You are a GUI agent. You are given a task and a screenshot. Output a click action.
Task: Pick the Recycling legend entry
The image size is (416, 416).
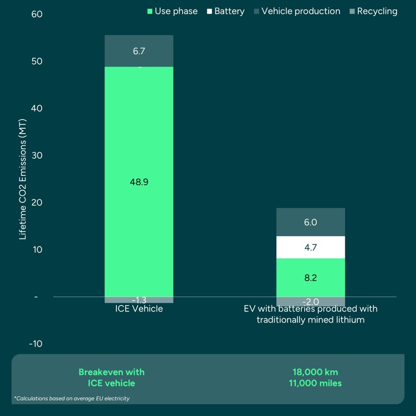(x=372, y=11)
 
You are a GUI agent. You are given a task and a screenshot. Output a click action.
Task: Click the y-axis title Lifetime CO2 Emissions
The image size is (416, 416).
(x=22, y=179)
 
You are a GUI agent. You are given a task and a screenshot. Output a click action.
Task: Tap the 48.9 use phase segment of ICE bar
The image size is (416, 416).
(x=139, y=181)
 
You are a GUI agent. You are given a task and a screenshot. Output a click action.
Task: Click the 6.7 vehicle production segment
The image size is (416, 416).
(x=139, y=51)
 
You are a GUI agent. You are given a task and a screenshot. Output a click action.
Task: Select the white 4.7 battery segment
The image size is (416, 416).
(x=310, y=248)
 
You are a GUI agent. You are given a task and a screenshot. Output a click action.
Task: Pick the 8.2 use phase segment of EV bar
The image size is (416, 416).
(x=310, y=278)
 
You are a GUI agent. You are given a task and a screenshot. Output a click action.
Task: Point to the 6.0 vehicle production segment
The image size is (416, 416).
(x=310, y=222)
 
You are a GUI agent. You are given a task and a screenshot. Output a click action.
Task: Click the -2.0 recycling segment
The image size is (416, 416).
(x=310, y=302)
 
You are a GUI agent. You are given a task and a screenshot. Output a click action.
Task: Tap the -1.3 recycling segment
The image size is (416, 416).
(x=139, y=300)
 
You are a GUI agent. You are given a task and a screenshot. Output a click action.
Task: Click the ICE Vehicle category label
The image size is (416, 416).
(x=139, y=309)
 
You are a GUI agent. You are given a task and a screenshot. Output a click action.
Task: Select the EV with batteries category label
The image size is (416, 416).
(x=310, y=314)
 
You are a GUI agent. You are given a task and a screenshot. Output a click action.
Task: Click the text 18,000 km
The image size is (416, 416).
(x=316, y=372)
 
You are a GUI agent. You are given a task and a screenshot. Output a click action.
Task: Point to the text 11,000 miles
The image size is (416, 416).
(x=316, y=383)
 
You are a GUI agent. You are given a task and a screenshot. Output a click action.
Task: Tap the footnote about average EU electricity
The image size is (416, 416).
(x=72, y=398)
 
